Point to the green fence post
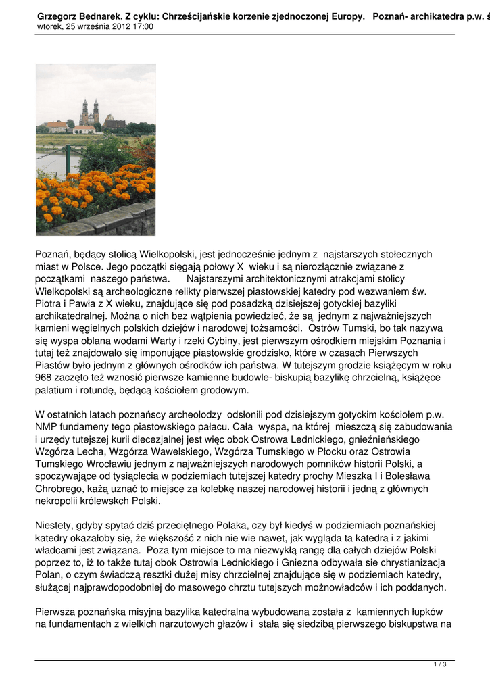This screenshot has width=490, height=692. click(67, 158)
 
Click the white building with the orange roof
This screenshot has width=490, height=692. click(84, 128)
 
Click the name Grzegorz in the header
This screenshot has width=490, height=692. click(58, 16)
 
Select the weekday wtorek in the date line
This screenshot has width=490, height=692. click(49, 27)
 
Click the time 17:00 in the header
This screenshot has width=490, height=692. click(143, 27)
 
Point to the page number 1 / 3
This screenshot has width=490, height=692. click(439, 665)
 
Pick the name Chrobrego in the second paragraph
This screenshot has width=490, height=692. click(59, 489)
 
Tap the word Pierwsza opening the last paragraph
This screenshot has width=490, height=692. click(58, 612)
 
